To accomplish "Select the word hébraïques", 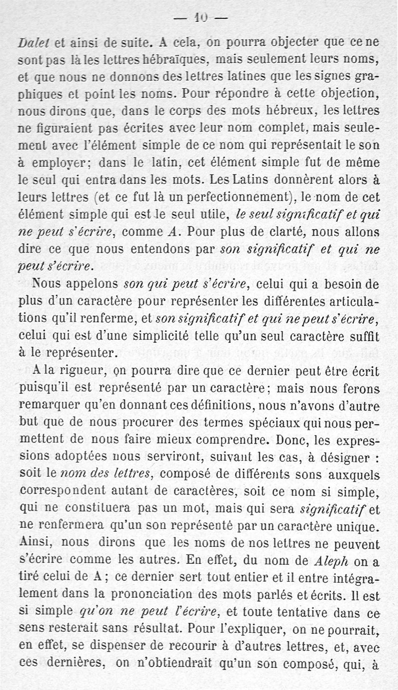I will (x=173, y=61).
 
